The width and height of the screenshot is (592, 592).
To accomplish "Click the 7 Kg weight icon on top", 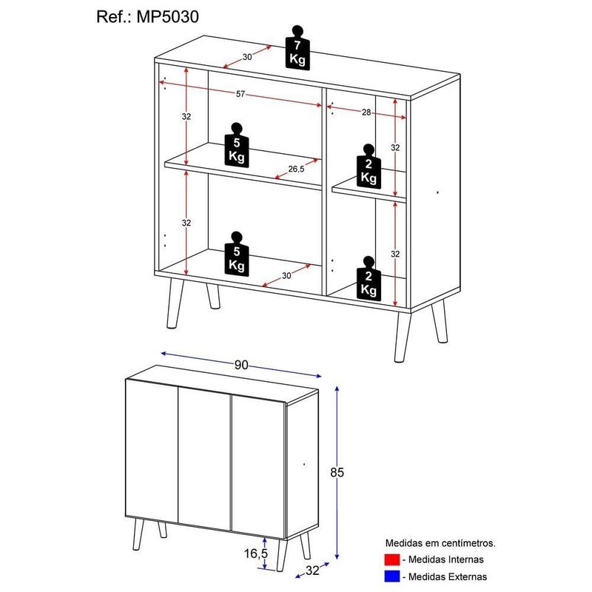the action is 297,48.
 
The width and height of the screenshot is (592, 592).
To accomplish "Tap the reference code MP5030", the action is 168,17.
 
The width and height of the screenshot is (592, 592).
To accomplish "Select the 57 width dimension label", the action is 240,94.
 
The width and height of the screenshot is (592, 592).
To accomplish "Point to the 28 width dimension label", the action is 366,112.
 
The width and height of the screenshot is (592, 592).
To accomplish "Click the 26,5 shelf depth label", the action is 296,169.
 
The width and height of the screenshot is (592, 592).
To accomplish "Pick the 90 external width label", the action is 241,365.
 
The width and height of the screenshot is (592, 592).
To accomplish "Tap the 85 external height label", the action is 337,472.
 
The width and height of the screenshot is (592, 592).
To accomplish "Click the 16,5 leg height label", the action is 255,554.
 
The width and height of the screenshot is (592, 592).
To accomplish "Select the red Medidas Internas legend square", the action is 392,559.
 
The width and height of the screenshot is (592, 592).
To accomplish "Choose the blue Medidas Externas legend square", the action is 392,576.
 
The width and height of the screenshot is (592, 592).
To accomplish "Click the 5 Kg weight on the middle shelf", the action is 237,144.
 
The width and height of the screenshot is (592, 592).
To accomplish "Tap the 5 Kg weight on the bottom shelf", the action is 237,253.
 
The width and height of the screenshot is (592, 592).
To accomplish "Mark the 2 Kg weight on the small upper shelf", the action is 369,166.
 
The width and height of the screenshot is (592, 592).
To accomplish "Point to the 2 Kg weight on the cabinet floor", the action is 369,279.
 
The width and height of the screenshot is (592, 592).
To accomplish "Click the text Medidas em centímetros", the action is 440,543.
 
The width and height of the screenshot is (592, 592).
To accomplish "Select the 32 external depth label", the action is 312,571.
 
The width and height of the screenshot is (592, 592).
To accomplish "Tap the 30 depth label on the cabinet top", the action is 247,57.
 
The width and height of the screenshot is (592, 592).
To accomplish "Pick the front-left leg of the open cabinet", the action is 175,303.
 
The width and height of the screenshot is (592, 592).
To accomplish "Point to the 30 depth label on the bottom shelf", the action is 286,275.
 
